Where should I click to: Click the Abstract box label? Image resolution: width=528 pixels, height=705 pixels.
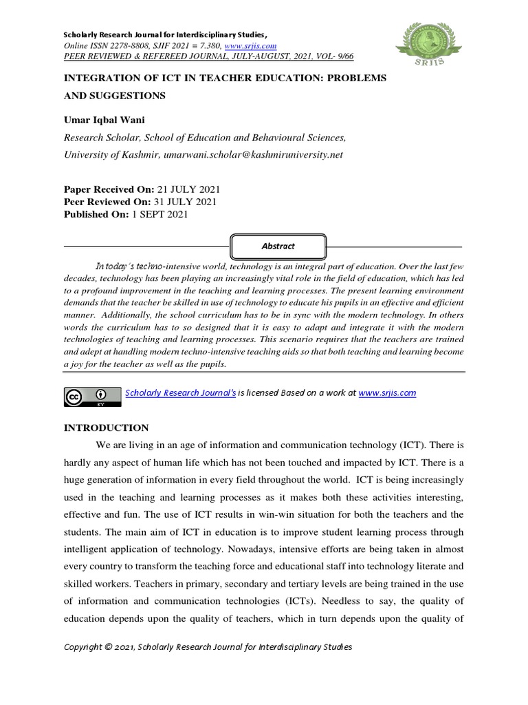point(278,246)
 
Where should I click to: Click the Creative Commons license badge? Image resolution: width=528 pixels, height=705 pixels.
point(89,395)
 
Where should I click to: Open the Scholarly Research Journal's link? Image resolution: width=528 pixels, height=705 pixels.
point(180,392)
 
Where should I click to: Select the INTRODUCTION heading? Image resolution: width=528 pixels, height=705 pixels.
point(106,428)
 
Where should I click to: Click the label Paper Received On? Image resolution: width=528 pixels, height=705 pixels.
point(107,189)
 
